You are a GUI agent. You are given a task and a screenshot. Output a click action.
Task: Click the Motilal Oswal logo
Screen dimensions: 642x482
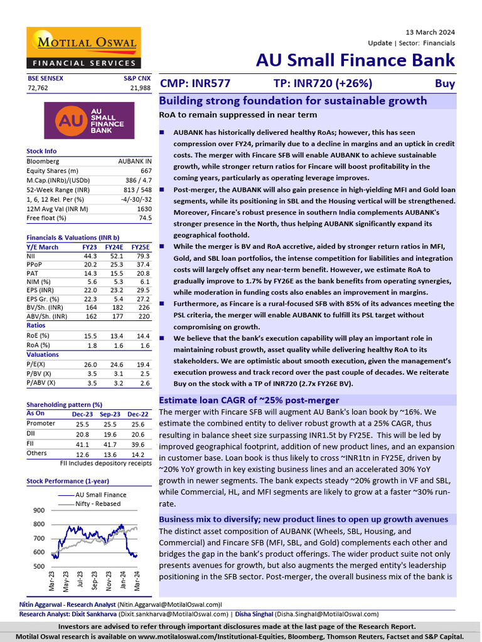tap(88, 48)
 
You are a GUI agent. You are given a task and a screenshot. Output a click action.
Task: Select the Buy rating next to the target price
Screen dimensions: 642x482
tap(445, 83)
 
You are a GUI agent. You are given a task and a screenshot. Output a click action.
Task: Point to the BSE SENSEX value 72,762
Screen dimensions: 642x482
tap(37, 88)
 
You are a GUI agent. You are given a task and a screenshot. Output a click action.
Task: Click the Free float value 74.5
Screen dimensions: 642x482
tap(145, 218)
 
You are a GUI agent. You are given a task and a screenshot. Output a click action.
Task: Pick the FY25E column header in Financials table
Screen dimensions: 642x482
tap(140, 247)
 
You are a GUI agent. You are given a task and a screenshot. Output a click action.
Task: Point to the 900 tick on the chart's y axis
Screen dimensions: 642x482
tap(39, 510)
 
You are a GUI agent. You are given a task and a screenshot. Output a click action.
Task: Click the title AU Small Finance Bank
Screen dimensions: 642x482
tap(355, 60)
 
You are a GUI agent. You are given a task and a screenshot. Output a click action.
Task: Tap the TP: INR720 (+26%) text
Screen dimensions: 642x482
tap(323, 83)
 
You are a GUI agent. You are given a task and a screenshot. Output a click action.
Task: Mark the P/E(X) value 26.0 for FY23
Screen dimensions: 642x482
tap(90, 364)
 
